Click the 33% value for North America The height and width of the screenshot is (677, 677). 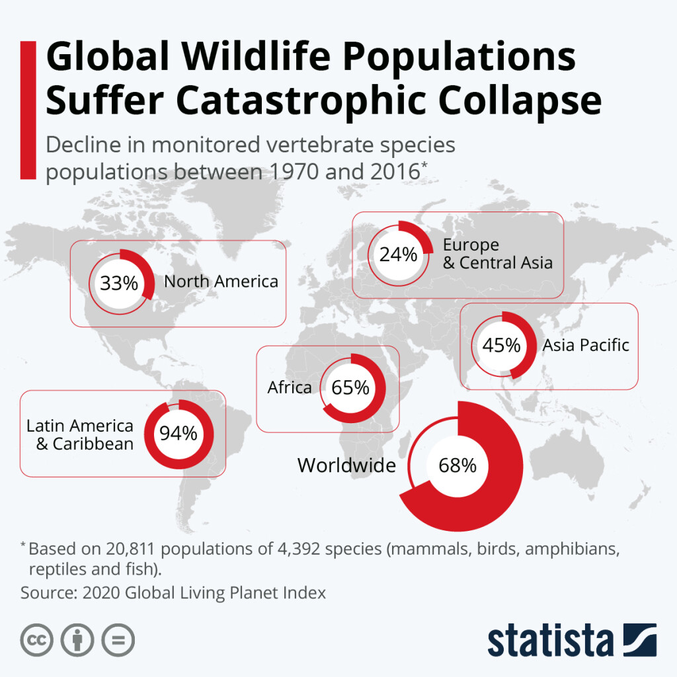(x=119, y=284)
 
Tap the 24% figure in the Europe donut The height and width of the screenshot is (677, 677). (x=398, y=254)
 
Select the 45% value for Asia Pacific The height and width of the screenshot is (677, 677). (x=500, y=345)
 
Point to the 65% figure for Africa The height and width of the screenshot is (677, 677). (x=350, y=387)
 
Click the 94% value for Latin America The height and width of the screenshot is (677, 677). (x=178, y=434)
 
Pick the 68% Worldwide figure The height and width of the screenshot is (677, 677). (x=457, y=465)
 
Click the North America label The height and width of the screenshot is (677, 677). (x=221, y=282)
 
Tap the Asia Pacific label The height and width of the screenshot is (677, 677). (x=586, y=345)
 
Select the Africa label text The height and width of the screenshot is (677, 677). (x=289, y=387)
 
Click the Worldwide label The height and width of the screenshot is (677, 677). (x=346, y=465)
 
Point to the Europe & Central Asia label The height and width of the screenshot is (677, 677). (x=497, y=254)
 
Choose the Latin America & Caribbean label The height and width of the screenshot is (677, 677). (x=80, y=434)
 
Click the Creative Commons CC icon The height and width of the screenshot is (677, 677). (x=36, y=640)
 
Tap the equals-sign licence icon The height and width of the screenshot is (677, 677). (x=118, y=640)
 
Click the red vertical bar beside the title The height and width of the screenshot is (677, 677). (x=28, y=110)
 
